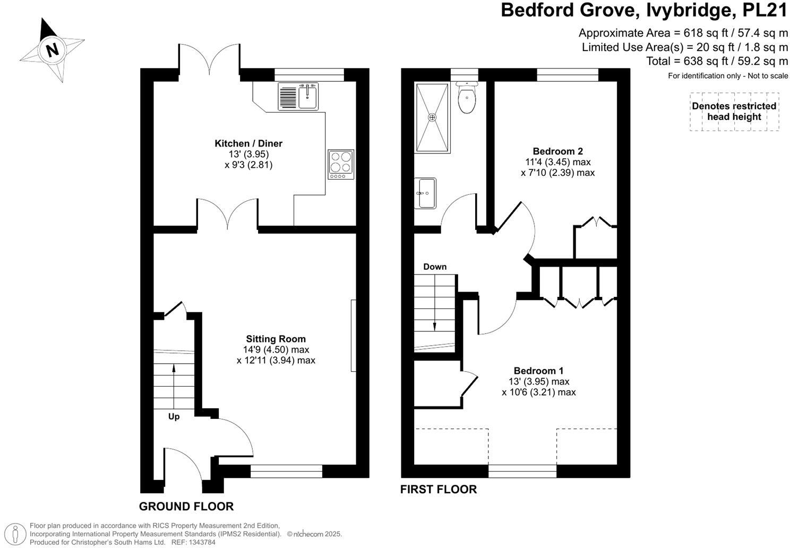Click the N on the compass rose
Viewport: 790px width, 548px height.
[51, 50]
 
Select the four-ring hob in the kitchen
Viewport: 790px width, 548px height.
[341, 164]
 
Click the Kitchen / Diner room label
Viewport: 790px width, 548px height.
[248, 143]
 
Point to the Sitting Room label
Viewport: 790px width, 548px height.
[276, 339]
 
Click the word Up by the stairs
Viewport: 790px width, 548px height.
[174, 417]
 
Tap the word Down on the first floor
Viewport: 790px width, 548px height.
[434, 267]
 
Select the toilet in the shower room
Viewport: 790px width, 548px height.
[467, 99]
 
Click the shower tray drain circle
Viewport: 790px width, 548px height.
[432, 117]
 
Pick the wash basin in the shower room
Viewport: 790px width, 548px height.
[426, 193]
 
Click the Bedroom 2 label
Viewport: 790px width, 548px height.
[557, 151]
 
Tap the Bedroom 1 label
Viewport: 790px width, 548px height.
[538, 371]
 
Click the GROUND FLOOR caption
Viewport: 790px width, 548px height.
[186, 507]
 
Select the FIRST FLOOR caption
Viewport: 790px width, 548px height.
[438, 490]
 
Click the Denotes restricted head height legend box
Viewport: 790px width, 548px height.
[734, 112]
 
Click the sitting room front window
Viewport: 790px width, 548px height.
[286, 471]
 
